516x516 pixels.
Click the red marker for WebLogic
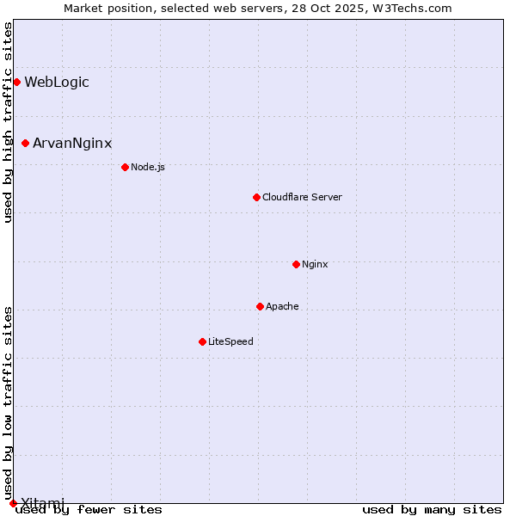16,82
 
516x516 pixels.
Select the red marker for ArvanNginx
25,143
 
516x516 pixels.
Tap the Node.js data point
125,167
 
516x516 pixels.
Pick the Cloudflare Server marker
256,197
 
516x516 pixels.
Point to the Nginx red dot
296,264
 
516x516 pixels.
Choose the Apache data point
260,306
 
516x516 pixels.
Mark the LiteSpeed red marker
202,341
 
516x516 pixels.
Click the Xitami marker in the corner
13,503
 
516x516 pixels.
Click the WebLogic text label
57,83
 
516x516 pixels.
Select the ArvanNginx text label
72,144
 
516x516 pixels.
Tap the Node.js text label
148,167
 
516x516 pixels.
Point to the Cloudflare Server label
302,197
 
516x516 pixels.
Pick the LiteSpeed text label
230,341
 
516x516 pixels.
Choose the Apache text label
282,306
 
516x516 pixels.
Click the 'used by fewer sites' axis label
89,510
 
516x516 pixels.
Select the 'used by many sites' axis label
432,510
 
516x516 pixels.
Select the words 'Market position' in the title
102,8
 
